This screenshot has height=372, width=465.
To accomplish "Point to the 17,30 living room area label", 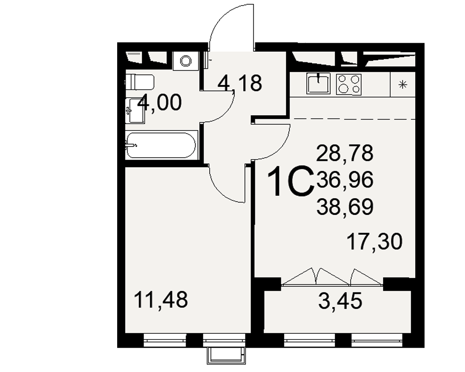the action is click(374, 241).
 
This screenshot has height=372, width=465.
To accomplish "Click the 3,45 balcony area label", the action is click(340, 300).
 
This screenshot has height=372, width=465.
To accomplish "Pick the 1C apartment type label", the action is click(290, 181).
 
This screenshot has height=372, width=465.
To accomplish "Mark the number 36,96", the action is click(345, 179).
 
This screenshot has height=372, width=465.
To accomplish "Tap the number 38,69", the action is click(345, 207).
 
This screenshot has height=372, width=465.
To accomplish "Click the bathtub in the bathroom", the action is click(161, 145).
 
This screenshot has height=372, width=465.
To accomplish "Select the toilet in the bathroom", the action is click(139, 82).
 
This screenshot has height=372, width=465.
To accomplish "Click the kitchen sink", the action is click(318, 83).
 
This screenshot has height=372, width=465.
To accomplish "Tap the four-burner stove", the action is click(349, 84).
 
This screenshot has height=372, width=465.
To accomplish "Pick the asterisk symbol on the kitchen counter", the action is click(402, 85).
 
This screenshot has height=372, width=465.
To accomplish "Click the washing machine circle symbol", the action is click(186, 61).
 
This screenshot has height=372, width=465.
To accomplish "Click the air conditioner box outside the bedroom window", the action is click(226, 355).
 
